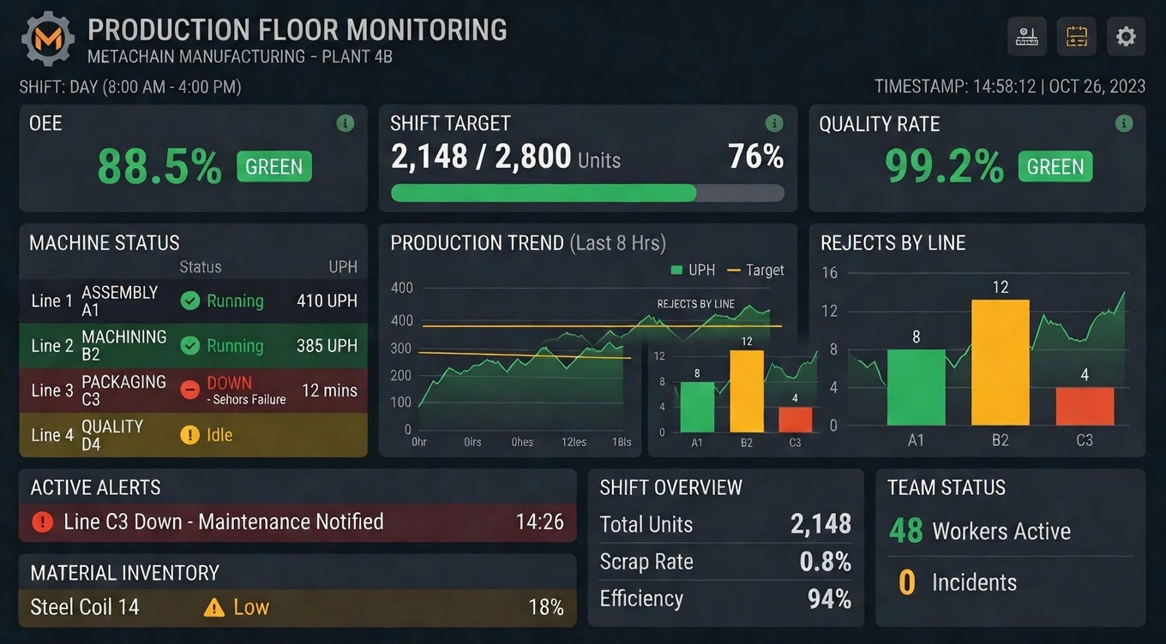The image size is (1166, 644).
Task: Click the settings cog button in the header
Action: [1126, 37]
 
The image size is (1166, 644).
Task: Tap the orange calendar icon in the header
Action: [1076, 37]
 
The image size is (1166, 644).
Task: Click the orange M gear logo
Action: [47, 39]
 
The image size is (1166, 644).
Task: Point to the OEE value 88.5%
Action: [159, 166]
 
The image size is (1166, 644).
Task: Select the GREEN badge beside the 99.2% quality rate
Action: [1055, 166]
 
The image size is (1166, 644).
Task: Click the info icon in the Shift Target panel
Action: [773, 123]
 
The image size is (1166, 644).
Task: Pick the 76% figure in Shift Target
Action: [755, 157]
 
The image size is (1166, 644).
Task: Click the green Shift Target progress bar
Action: [544, 193]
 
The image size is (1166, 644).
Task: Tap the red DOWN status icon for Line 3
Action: [190, 390]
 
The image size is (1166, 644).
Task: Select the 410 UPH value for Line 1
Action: [327, 301]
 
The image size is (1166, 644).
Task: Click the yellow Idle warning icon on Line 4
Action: [190, 435]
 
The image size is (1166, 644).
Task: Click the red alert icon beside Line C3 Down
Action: [42, 522]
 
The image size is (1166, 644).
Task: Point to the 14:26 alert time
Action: [539, 522]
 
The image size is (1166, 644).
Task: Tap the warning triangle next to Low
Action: [213, 607]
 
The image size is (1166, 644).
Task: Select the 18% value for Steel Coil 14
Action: [545, 607]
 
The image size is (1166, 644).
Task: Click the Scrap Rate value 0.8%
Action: [825, 562]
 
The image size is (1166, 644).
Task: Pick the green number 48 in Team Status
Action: [905, 531]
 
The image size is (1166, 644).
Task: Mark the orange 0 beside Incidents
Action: [907, 582]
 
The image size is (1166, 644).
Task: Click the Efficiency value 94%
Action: [829, 599]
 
